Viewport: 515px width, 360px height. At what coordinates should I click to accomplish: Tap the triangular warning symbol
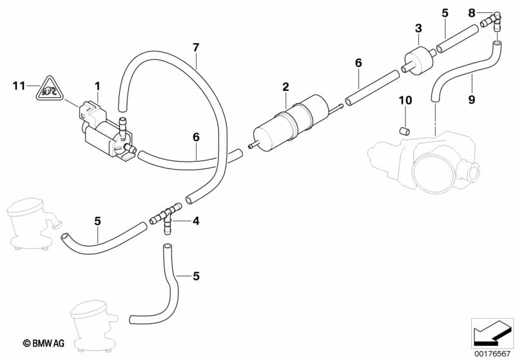pos(49,88)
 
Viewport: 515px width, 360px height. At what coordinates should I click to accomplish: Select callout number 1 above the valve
pos(98,85)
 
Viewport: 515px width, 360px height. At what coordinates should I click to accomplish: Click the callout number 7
pos(196,47)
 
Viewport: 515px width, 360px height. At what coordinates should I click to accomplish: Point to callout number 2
pos(285,86)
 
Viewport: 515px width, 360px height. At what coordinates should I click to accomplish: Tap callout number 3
pos(418,28)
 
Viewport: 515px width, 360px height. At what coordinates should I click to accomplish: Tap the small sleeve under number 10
pos(405,131)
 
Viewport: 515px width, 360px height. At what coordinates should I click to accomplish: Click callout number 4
pos(196,221)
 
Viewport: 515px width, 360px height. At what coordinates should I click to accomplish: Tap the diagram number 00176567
pos(493,354)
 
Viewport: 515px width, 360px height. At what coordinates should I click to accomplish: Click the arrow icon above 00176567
pos(492,332)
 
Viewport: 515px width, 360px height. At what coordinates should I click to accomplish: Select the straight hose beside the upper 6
pos(373,88)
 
